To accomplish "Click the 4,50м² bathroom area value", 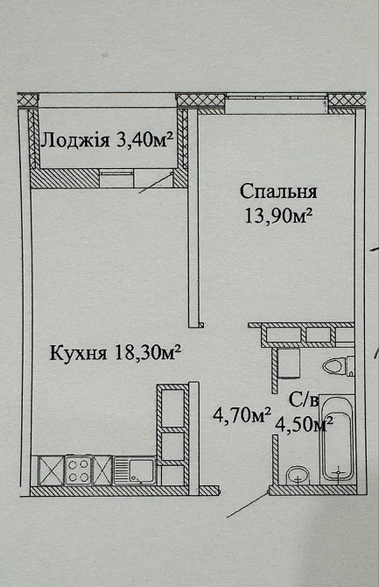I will pos(303,425).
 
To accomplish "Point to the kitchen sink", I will pos(138,471).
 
